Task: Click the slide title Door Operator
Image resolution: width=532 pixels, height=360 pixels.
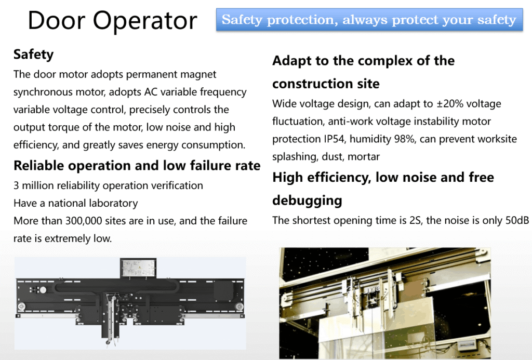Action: pyautogui.click(x=112, y=20)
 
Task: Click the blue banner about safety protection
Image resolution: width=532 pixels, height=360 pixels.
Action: pyautogui.click(x=369, y=20)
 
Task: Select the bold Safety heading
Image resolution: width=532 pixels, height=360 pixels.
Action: pyautogui.click(x=34, y=55)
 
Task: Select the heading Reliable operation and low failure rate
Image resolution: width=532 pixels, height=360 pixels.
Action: pyautogui.click(x=137, y=166)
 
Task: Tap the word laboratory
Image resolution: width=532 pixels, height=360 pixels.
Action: pyautogui.click(x=113, y=203)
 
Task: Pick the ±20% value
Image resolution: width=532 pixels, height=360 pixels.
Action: pyautogui.click(x=450, y=104)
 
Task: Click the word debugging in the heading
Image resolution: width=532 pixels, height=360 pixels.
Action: pyautogui.click(x=307, y=201)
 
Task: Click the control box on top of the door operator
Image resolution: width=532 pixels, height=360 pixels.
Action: pyautogui.click(x=138, y=268)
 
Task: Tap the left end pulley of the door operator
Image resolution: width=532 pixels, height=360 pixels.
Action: pyautogui.click(x=21, y=306)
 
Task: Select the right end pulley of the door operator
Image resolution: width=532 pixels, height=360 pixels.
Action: pyautogui.click(x=240, y=306)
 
